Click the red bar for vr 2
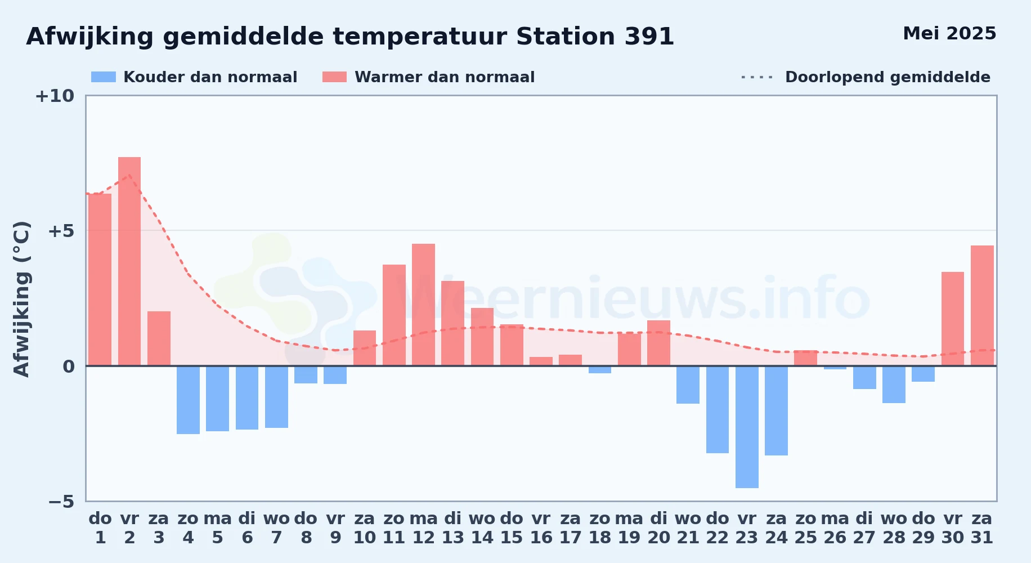[x=129, y=261]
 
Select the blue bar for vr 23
[x=747, y=427]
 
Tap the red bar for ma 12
[x=423, y=305]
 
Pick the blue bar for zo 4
[x=188, y=400]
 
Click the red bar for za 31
[x=982, y=306]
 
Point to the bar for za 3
[x=159, y=338]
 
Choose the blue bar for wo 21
[x=688, y=385]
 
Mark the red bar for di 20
[x=658, y=343]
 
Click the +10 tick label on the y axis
[x=55, y=96]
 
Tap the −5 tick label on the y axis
[x=61, y=501]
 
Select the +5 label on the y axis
[x=61, y=231]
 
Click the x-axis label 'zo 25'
[x=806, y=528]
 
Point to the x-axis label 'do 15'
[x=512, y=528]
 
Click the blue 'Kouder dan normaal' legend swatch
[x=104, y=77]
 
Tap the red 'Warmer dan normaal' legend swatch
[x=335, y=77]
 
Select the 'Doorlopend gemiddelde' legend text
[x=887, y=77]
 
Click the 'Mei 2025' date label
[x=949, y=34]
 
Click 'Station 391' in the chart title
[x=595, y=37]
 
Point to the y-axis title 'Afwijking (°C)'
[x=21, y=299]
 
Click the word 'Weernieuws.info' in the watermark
[x=633, y=298]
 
